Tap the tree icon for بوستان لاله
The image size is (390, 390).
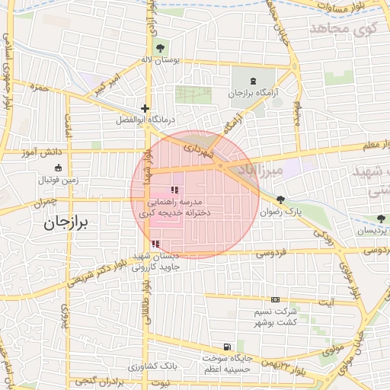[x=159, y=49]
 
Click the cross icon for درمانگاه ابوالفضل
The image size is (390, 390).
[x=145, y=108]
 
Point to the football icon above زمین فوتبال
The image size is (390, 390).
[x=57, y=168]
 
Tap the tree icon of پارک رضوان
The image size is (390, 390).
[x=282, y=200]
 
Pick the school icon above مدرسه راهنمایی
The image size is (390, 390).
[x=174, y=190]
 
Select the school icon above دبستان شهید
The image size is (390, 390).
[x=156, y=245]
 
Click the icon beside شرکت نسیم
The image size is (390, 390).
[x=275, y=299]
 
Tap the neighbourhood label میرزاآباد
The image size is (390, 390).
[x=261, y=169]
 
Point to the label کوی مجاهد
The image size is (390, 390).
[x=344, y=27]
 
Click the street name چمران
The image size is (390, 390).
[x=46, y=203]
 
